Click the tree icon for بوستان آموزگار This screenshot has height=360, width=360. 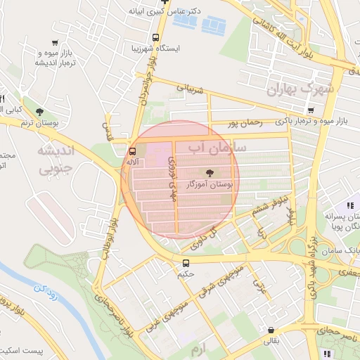pyautogui.click(x=209, y=172)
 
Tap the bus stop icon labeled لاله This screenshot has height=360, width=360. pyautogui.click(x=132, y=151)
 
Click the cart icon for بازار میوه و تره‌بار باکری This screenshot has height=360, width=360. pyautogui.click(x=311, y=111)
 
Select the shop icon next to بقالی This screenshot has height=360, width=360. pyautogui.click(x=271, y=330)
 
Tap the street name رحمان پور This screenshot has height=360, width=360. pyautogui.click(x=245, y=123)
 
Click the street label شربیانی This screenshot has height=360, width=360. pyautogui.click(x=188, y=90)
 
